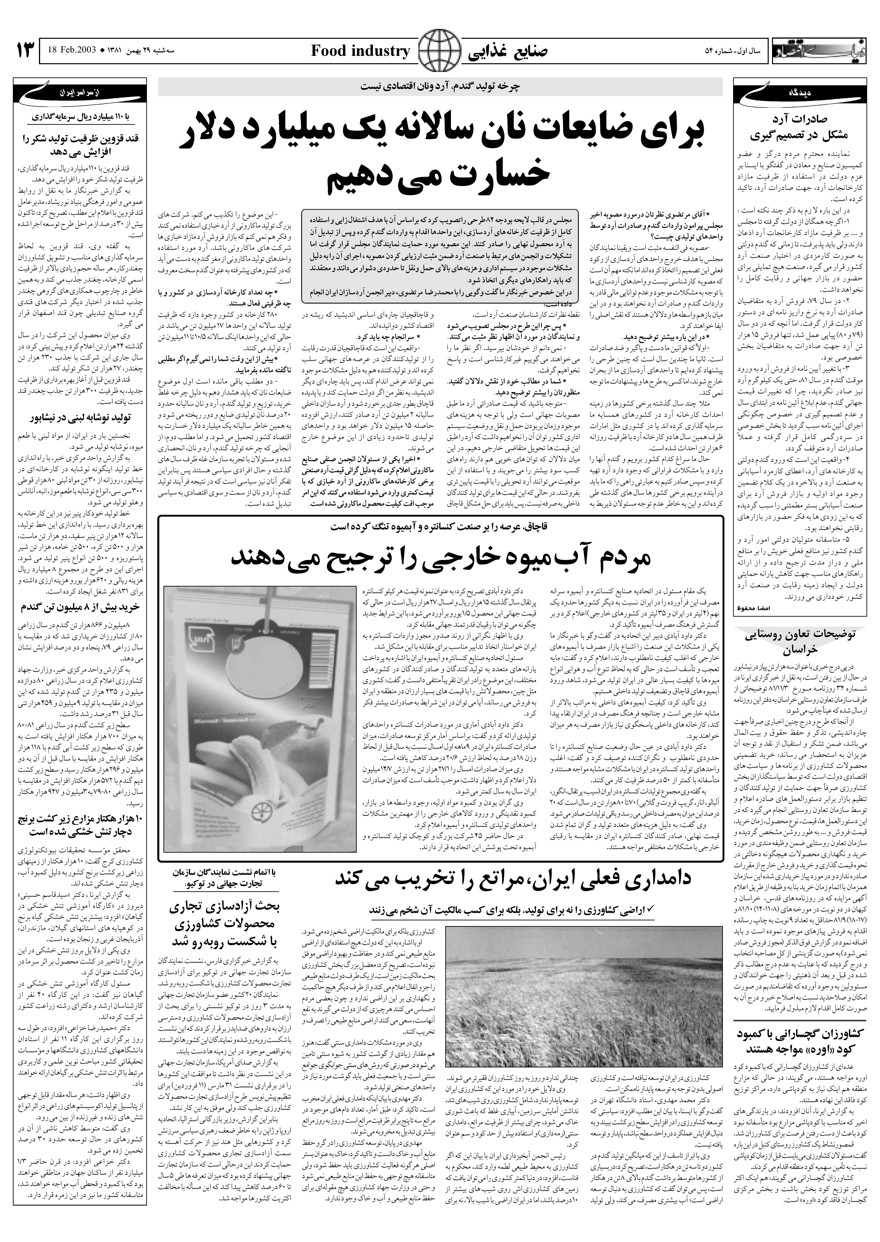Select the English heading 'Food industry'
[x=360, y=52]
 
